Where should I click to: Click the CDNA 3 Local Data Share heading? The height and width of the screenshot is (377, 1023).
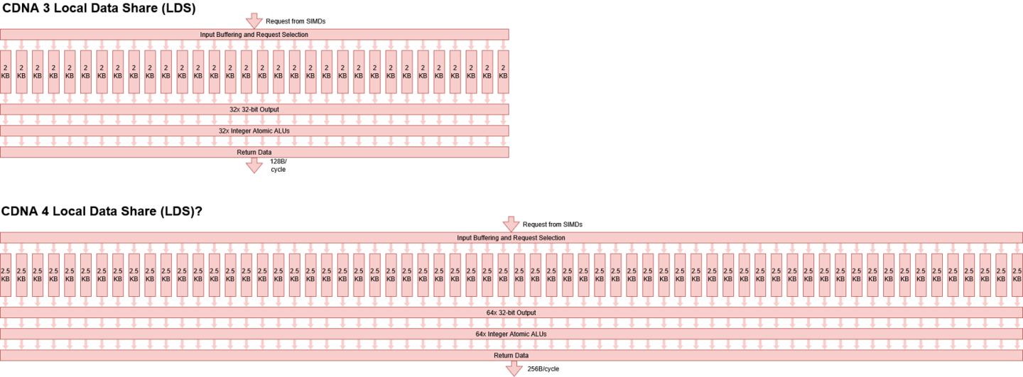point(99,9)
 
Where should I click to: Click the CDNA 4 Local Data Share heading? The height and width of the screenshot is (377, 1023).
point(102,212)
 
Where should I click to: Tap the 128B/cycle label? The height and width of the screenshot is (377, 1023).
point(278,165)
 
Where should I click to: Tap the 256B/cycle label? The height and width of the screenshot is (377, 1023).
point(543,368)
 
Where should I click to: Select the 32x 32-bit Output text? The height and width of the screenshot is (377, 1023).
point(254,109)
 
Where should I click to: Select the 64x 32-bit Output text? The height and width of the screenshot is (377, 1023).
point(511,312)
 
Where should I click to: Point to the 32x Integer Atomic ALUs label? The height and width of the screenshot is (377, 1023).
point(254,131)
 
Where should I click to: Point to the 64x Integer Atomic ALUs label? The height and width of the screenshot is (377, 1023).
point(511,334)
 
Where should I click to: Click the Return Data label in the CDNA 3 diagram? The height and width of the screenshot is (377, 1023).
point(254,153)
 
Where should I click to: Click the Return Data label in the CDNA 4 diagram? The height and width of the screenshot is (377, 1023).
point(511,356)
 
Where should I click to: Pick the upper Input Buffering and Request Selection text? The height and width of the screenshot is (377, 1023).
point(254,35)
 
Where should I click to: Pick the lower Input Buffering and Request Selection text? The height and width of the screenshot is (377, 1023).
point(511,238)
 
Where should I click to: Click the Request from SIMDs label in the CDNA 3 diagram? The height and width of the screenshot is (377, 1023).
point(296,21)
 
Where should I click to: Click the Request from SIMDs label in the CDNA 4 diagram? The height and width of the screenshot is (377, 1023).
point(553,224)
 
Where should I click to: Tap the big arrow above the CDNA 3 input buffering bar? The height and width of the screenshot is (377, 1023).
point(254,21)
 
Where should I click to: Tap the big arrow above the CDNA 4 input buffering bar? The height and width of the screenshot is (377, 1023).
point(511,224)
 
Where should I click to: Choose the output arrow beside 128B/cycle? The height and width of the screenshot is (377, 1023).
point(254,165)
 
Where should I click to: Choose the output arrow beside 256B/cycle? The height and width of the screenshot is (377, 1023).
point(514,368)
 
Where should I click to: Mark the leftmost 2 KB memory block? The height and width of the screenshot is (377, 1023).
point(6,72)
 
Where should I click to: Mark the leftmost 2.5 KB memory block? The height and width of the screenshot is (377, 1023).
point(6,275)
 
